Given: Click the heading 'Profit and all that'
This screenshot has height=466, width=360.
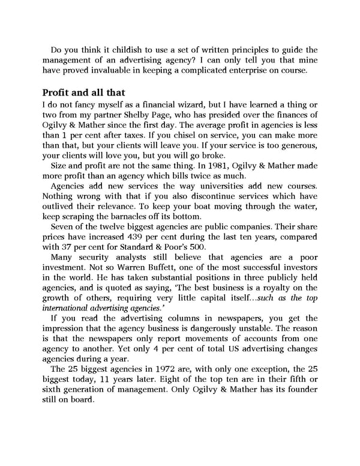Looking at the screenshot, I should tap(83, 93).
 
